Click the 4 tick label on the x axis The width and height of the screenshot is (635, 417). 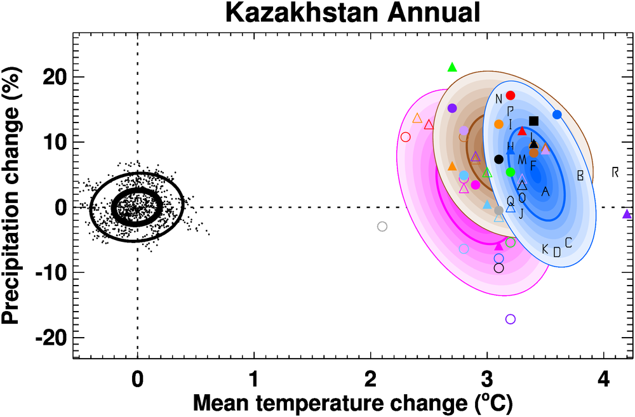(x=604, y=381)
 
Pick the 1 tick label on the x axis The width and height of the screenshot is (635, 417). (x=254, y=381)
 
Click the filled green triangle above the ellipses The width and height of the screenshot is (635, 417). (x=452, y=67)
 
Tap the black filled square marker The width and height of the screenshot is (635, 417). (x=533, y=121)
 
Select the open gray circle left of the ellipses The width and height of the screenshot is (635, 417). (x=382, y=227)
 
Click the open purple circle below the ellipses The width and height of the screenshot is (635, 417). (x=511, y=319)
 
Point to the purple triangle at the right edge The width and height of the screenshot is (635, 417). (x=627, y=215)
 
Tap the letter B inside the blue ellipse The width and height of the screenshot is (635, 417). (x=580, y=176)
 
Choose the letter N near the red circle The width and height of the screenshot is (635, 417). (x=498, y=98)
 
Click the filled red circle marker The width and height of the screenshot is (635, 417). (x=511, y=95)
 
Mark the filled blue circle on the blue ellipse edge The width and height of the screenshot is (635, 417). (x=557, y=115)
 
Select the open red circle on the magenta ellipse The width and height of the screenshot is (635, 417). (x=406, y=137)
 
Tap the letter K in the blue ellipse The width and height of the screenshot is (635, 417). (x=545, y=248)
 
